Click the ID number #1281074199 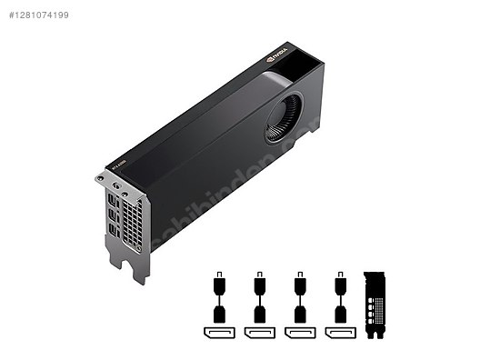[x=38, y=15]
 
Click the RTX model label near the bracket [x=118, y=165]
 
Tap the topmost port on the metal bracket [x=110, y=198]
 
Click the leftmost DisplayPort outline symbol [x=219, y=332]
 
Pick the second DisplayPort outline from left [x=259, y=332]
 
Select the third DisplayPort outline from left [x=299, y=332]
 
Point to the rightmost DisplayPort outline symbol [x=340, y=332]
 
